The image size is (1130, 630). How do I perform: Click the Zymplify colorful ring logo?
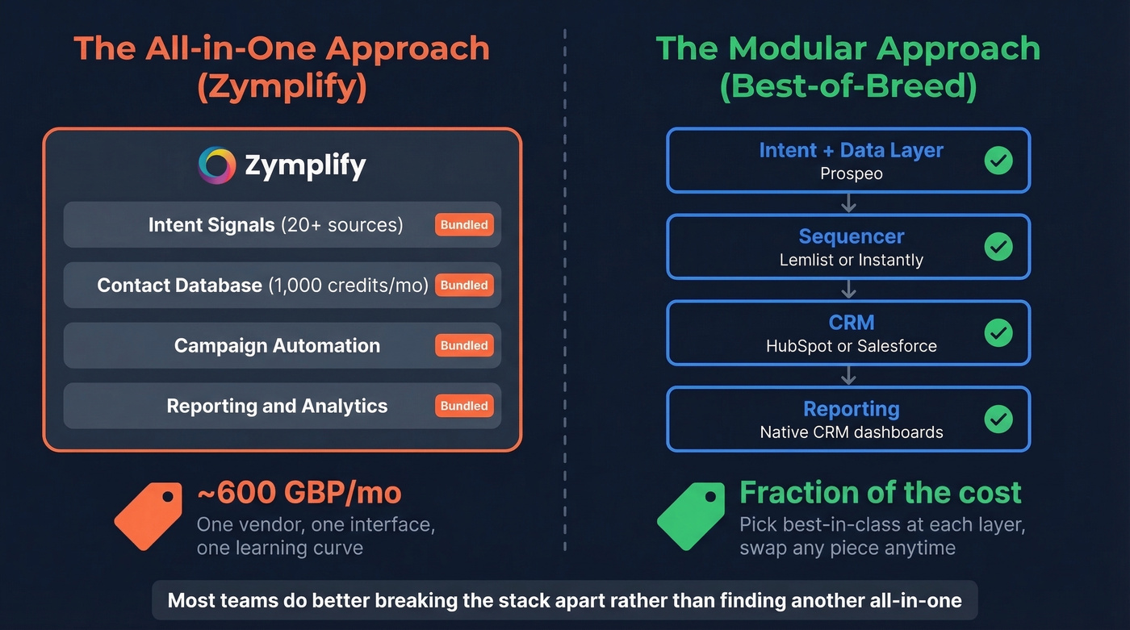click(217, 165)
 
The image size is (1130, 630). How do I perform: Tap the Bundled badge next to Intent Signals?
click(464, 225)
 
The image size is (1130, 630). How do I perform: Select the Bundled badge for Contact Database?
click(464, 286)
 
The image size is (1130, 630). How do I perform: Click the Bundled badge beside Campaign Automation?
click(464, 345)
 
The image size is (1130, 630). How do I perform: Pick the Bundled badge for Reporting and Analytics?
click(464, 406)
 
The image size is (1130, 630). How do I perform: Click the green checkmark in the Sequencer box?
click(998, 246)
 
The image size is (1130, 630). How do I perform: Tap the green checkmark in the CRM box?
click(998, 332)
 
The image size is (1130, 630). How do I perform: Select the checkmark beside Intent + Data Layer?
click(998, 161)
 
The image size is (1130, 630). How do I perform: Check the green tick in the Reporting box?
click(998, 419)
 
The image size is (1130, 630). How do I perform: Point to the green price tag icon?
click(691, 516)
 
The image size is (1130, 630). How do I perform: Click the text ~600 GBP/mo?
click(299, 492)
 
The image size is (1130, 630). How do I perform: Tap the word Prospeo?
click(851, 173)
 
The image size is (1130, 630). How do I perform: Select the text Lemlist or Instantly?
click(851, 260)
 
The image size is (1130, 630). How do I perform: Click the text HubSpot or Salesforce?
click(851, 346)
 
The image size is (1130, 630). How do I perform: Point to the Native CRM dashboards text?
click(851, 432)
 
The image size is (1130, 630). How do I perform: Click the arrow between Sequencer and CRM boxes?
click(848, 290)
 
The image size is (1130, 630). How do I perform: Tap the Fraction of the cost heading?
click(880, 492)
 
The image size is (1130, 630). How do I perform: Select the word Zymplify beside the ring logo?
click(305, 165)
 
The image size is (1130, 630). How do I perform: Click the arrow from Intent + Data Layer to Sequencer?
click(848, 203)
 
